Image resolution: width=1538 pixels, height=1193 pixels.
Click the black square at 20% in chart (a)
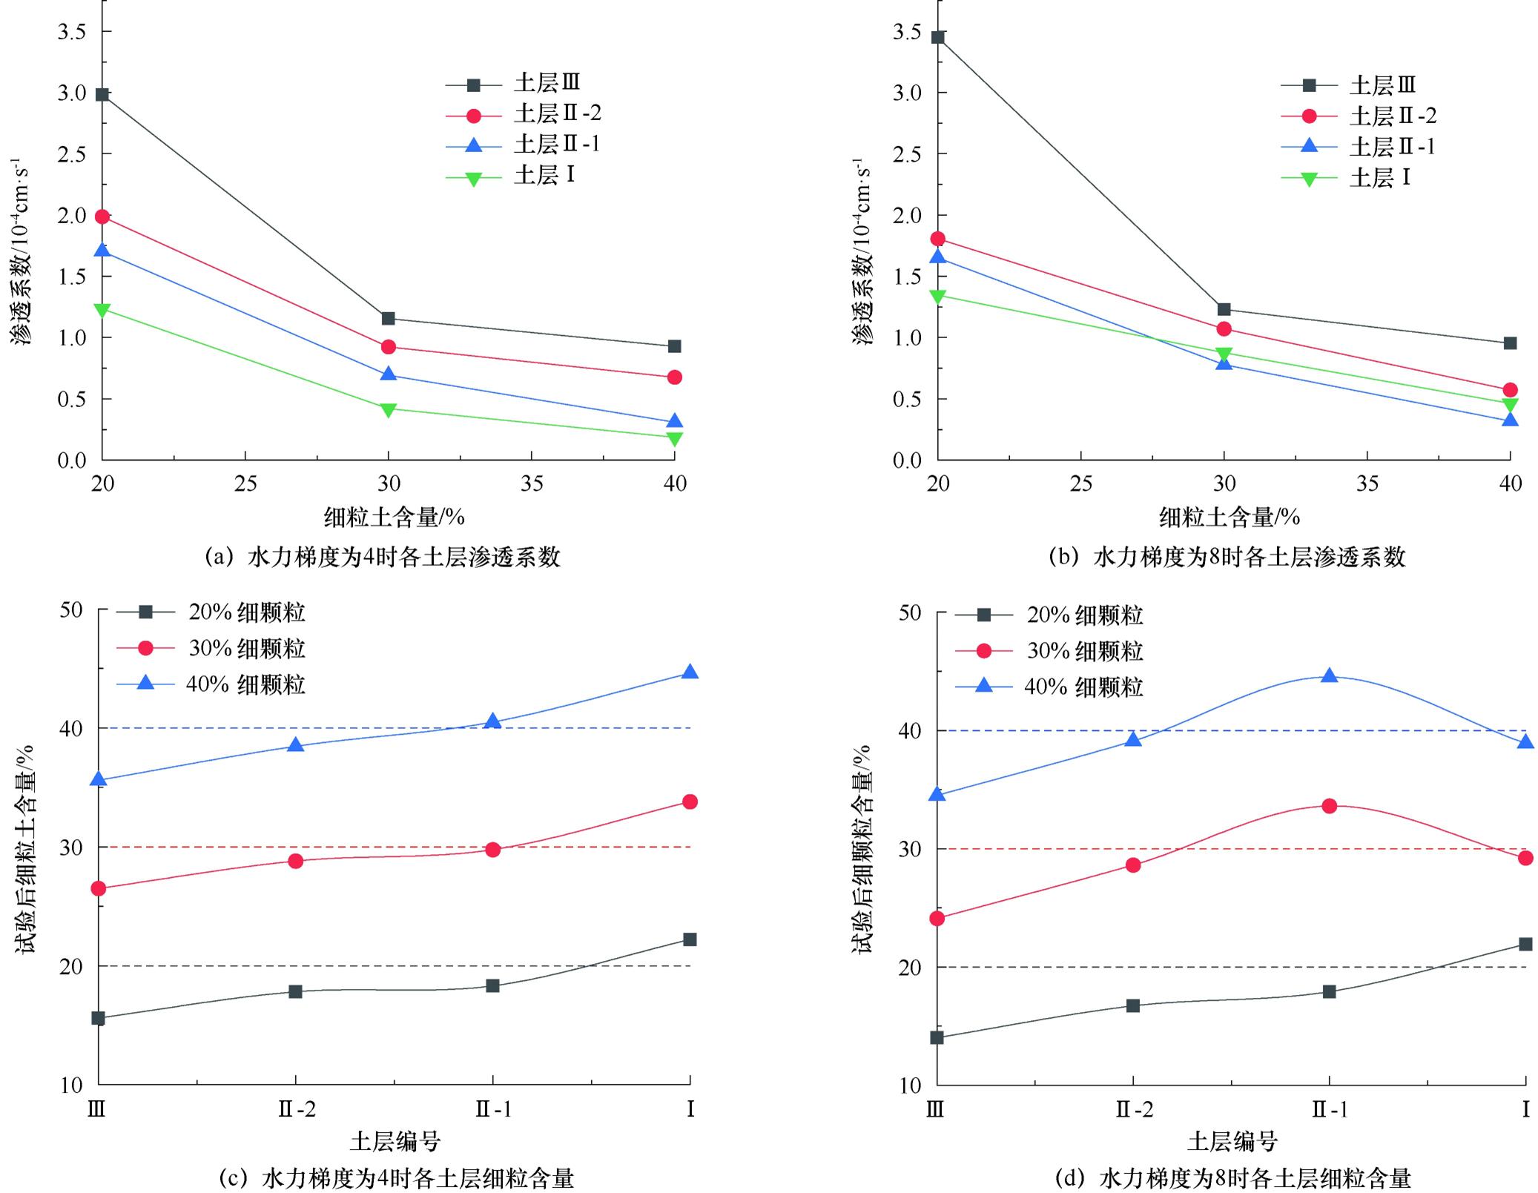102,95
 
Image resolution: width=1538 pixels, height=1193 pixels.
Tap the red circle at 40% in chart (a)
674,377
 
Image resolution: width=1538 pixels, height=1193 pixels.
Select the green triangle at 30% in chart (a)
388,409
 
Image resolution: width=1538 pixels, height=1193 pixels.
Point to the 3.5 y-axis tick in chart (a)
72,32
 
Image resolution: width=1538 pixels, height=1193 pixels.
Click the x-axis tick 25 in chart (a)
245,484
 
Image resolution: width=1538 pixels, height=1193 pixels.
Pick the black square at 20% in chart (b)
938,37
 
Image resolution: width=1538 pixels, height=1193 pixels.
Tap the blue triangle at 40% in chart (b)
1510,420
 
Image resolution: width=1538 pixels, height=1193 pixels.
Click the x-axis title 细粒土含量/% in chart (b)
1230,517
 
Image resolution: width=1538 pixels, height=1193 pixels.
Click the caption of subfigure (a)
382,557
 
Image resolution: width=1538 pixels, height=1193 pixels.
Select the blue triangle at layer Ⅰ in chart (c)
690,672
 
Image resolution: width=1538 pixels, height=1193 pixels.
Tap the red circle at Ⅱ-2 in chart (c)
295,861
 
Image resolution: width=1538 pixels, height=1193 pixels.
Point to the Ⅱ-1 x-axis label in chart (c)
493,1110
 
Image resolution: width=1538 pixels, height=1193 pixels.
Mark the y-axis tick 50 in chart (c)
71,610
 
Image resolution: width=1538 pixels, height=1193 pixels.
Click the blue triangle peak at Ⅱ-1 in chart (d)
1330,676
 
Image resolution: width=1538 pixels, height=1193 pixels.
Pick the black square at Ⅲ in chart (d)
937,1037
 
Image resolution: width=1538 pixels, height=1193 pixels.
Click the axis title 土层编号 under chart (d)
1232,1141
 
